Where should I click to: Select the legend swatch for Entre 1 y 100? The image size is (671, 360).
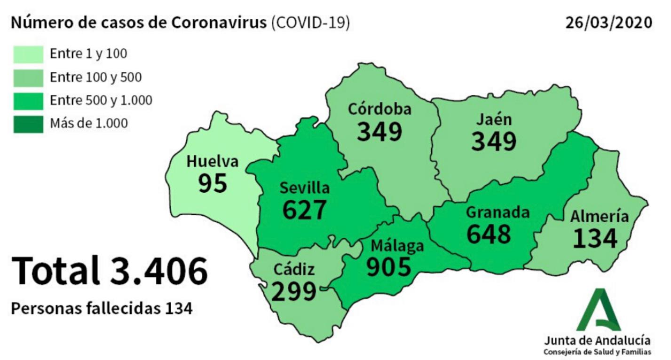click(x=28, y=54)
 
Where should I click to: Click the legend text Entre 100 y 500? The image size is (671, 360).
click(x=95, y=77)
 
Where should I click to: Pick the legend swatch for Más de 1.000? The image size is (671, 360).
click(x=28, y=124)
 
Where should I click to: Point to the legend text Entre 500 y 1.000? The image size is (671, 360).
click(x=101, y=100)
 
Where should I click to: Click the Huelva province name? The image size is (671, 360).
click(x=212, y=162)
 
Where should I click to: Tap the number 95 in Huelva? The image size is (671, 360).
click(x=212, y=183)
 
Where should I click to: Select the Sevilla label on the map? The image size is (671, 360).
click(x=305, y=188)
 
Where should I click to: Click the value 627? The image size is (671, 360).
click(x=304, y=210)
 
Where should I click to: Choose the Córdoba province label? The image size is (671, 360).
click(x=380, y=109)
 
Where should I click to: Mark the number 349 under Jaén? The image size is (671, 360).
click(x=494, y=141)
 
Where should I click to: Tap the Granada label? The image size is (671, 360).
click(x=497, y=212)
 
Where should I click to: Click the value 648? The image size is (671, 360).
click(x=489, y=234)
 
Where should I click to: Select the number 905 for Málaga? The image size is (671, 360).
click(x=389, y=267)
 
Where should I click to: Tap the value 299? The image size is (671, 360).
click(x=294, y=291)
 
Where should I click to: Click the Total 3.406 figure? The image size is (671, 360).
click(x=109, y=272)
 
